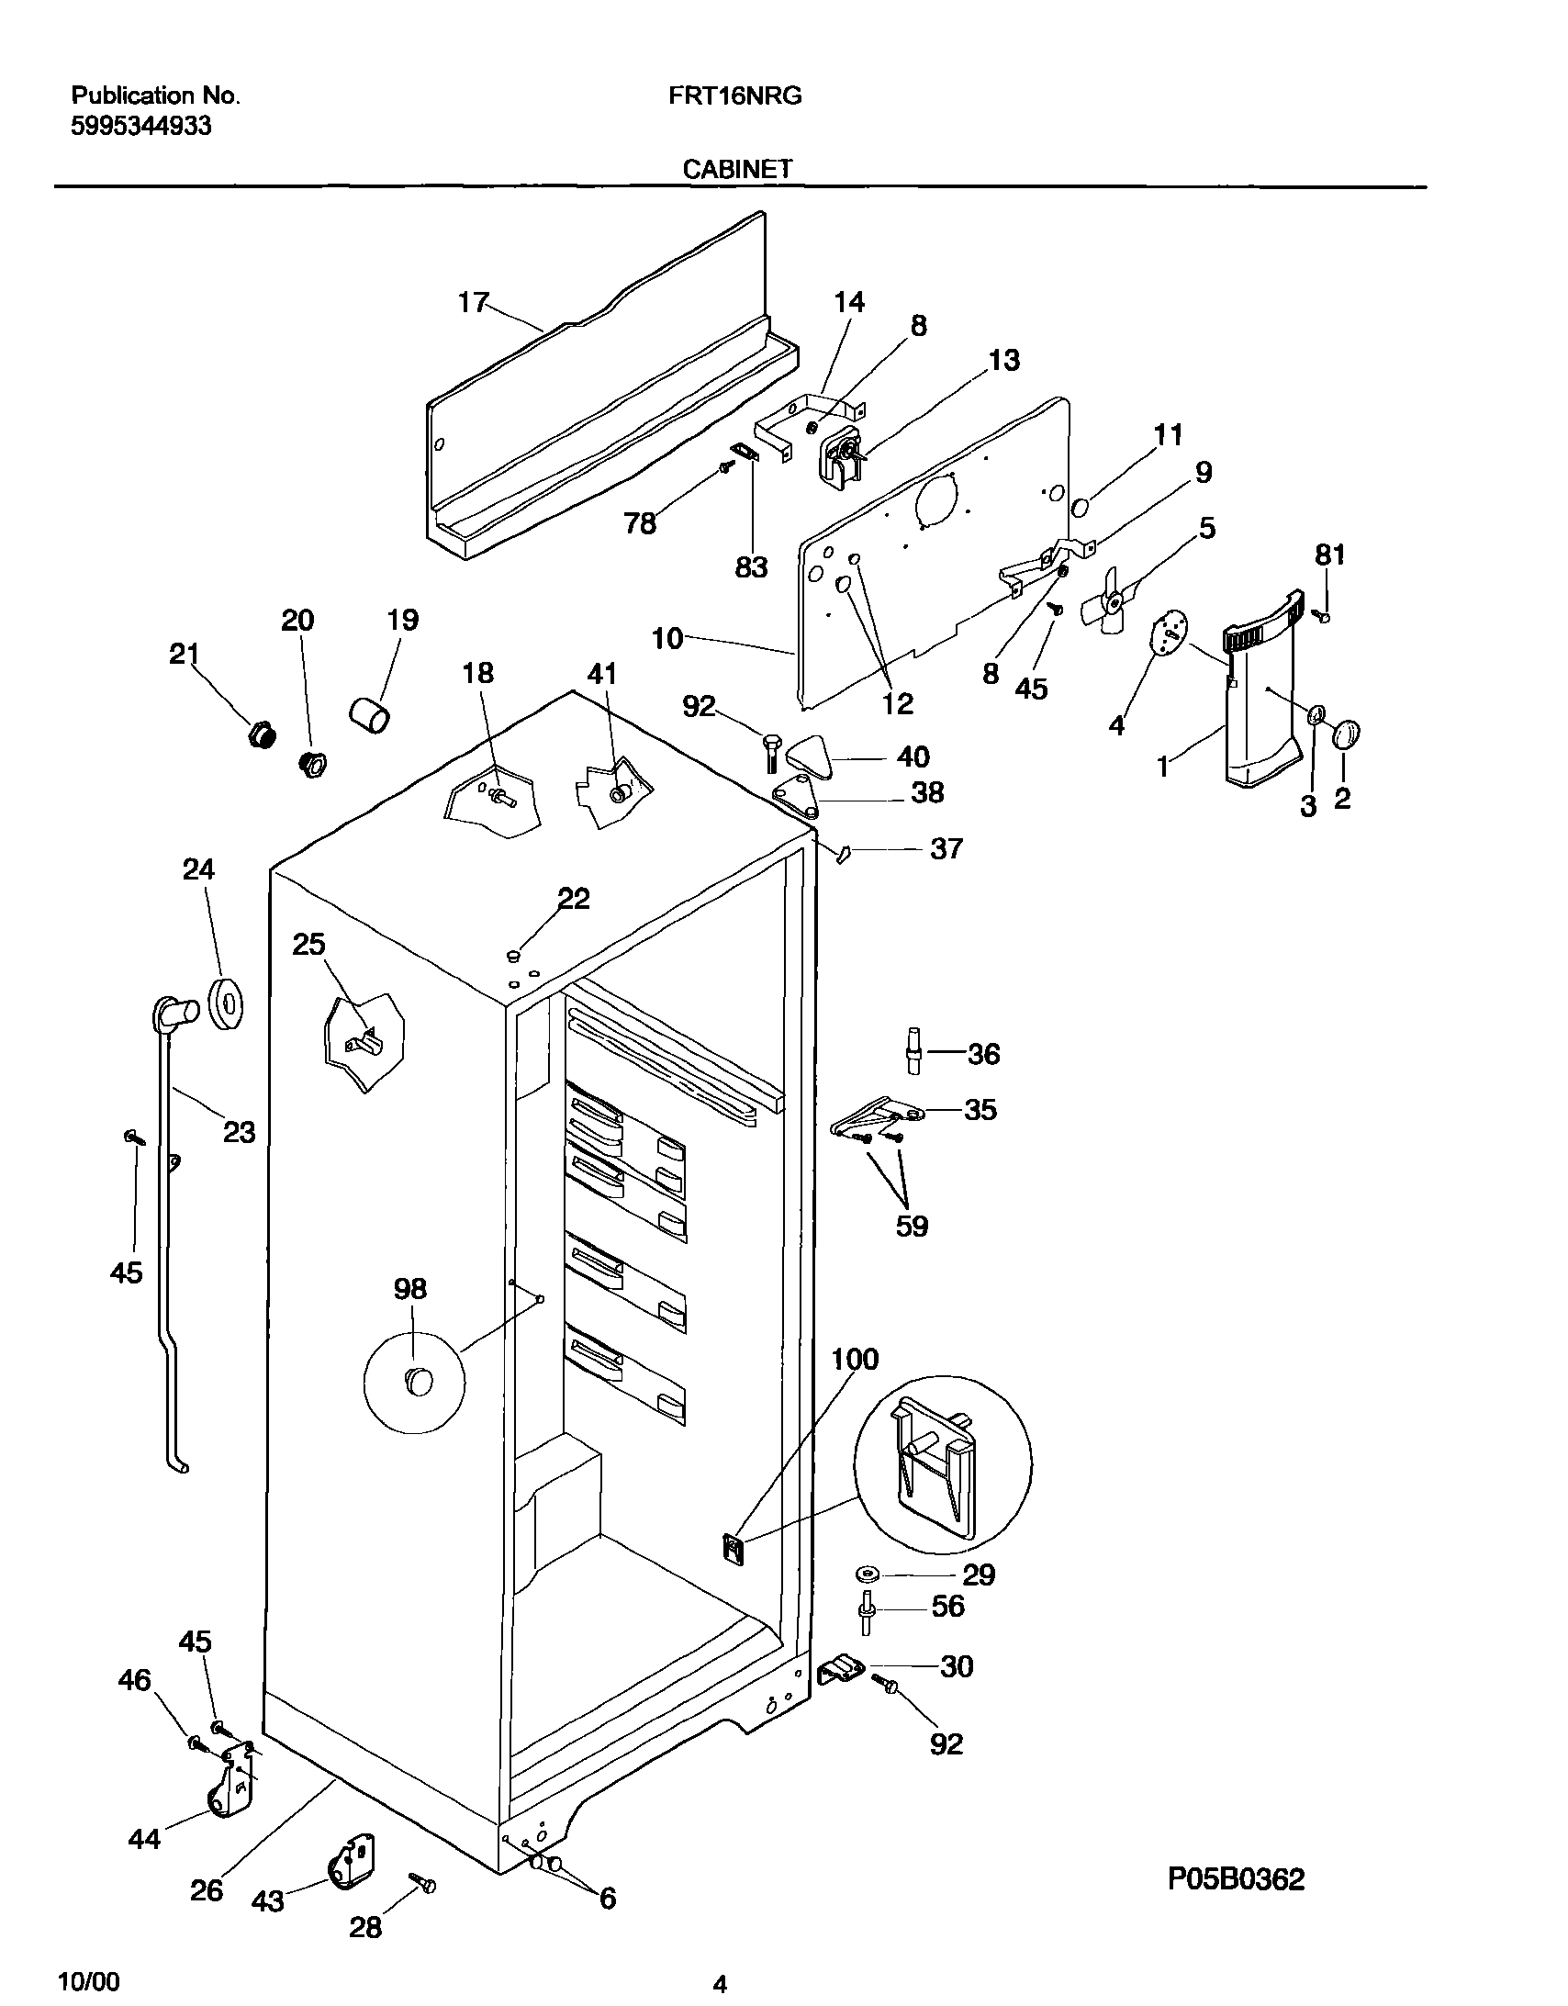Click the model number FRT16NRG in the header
pos(734,95)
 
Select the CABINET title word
pos(736,169)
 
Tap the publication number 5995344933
pos(141,126)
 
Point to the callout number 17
pos(473,302)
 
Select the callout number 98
pos(409,1290)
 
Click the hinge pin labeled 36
pos(915,1051)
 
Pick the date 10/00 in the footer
pos(88,1982)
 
